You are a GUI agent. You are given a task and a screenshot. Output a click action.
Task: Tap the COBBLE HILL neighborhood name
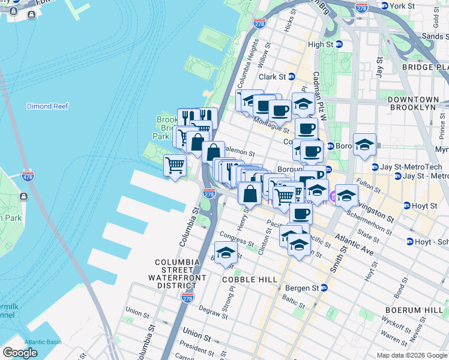pyautogui.click(x=250, y=280)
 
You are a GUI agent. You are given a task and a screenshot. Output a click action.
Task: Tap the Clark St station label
pyautogui.click(x=276, y=77)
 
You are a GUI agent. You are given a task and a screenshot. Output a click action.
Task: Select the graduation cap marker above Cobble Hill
pyautogui.click(x=226, y=254)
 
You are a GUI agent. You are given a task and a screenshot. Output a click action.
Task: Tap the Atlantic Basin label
pyautogui.click(x=43, y=342)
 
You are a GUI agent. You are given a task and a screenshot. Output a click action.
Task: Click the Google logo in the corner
pyautogui.click(x=20, y=353)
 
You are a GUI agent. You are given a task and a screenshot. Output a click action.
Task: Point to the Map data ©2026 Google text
pyautogui.click(x=411, y=355)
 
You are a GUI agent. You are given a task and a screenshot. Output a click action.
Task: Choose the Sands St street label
pyautogui.click(x=435, y=37)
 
